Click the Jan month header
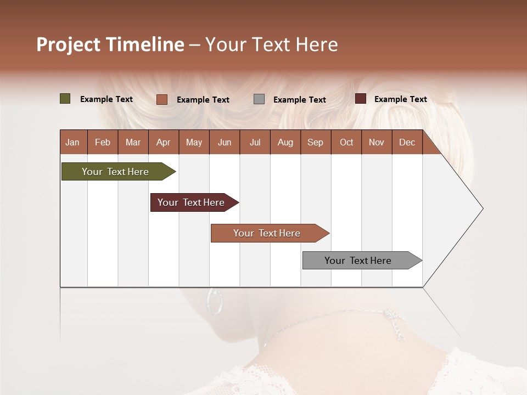coord(72,142)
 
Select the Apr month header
coord(163,142)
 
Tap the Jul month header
coord(255,142)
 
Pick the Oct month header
coord(346,142)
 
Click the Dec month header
coord(407,142)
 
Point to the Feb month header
coord(103,142)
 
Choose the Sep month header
coord(315,142)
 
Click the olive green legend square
coord(65,99)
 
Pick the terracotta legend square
coord(161,99)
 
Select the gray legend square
coord(259,99)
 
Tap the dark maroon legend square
coord(360,99)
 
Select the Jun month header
coord(224,142)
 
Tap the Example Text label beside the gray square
coord(299,99)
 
